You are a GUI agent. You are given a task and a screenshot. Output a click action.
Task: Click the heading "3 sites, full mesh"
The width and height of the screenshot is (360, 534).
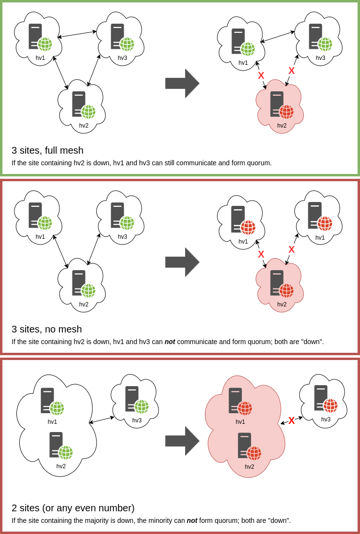[47, 150]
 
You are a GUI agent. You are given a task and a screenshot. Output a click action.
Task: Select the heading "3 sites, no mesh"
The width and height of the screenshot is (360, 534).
[46, 329]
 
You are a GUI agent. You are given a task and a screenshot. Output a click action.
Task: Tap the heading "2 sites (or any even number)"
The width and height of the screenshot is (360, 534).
[73, 508]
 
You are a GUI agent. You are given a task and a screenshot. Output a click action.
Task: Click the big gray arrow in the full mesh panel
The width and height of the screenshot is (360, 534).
[182, 83]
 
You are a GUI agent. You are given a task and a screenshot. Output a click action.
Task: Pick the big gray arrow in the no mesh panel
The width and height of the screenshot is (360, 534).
[182, 262]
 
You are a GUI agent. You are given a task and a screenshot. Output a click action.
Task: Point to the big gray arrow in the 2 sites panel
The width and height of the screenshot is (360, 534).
[182, 441]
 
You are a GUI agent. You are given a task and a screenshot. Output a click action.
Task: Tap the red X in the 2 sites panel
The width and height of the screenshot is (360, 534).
[291, 420]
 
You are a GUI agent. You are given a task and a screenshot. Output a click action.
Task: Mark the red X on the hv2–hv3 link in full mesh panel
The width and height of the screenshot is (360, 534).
[291, 71]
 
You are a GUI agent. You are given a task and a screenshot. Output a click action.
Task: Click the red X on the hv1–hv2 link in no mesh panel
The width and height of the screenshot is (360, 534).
[261, 254]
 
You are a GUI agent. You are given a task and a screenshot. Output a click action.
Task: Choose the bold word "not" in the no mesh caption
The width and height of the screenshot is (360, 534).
[170, 342]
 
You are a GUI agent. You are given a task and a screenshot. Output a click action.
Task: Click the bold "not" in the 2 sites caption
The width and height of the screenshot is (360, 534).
[192, 520]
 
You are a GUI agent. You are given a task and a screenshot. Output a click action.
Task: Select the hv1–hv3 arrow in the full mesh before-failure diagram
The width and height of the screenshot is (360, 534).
[77, 34]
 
